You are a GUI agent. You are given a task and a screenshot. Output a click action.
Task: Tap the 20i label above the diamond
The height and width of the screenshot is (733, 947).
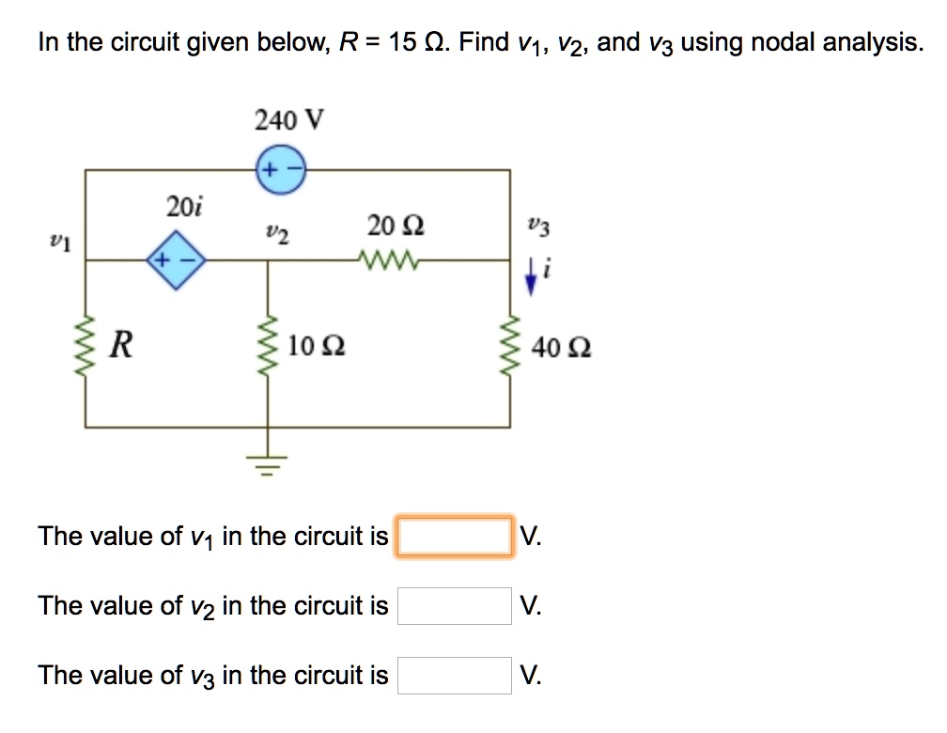point(178,206)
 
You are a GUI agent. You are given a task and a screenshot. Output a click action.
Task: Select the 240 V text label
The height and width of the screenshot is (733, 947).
point(288,120)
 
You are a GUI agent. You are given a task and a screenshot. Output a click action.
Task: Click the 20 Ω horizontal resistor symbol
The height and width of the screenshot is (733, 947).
point(388,259)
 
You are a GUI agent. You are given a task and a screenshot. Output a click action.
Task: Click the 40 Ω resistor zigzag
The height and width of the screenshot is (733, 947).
point(512,347)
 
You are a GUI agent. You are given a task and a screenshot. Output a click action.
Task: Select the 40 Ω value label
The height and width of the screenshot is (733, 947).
point(561,348)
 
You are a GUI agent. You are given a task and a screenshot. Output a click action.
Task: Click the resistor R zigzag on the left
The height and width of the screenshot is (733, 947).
point(86,346)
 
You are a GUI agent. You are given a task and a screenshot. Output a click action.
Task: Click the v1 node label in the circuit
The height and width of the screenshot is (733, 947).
point(59,242)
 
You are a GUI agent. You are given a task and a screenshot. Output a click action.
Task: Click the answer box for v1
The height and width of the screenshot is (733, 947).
point(455,537)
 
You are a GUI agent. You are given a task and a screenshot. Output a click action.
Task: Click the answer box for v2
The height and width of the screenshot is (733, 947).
point(455,606)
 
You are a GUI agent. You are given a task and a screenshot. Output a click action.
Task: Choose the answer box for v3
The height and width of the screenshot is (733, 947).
point(455,675)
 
